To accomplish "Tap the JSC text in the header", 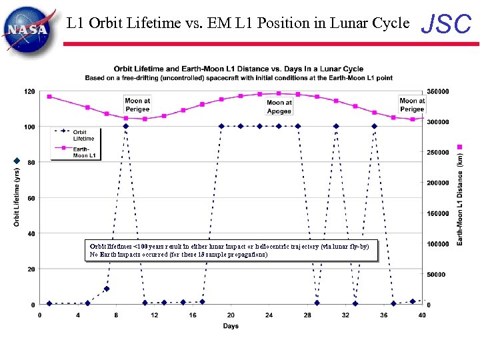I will click(x=447, y=24).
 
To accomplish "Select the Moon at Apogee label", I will click(x=279, y=107).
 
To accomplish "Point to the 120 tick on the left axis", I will click(x=30, y=91).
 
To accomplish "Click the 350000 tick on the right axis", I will click(x=438, y=91).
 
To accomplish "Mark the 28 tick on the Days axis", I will click(x=307, y=315).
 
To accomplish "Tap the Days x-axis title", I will click(x=231, y=326).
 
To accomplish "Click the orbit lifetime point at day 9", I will click(x=125, y=126).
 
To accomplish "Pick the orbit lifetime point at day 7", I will click(x=107, y=289).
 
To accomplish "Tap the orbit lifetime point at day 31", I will click(x=336, y=126).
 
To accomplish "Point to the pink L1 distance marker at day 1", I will click(x=49, y=97).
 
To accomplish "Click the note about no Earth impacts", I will click(x=179, y=255).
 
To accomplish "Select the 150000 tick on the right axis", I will click(x=438, y=213).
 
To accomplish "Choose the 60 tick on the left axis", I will click(x=31, y=198).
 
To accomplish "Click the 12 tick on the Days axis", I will click(x=154, y=315).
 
